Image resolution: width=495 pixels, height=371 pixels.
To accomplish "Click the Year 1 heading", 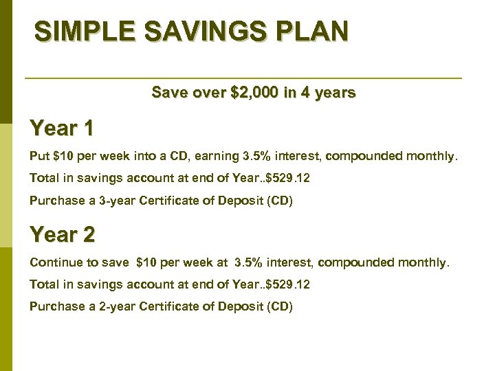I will point(62,128).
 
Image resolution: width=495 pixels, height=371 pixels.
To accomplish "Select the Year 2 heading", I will point(62,235).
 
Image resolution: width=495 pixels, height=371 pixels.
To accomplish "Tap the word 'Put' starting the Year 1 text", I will point(39,156).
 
